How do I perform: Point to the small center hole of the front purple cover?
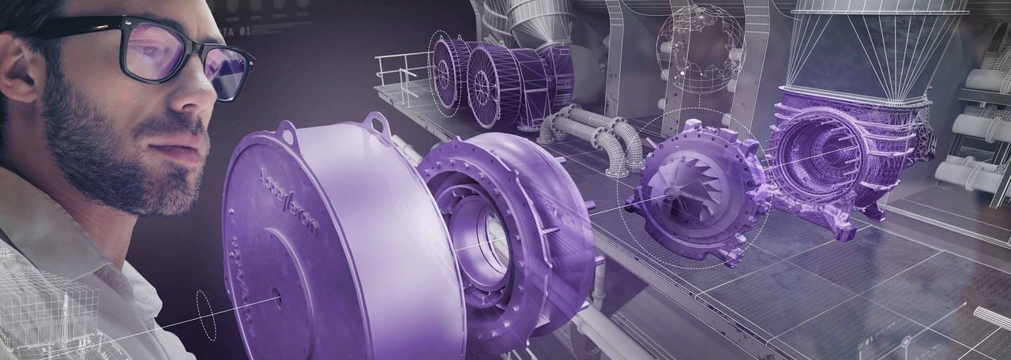[276, 298]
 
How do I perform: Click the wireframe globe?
[701, 49]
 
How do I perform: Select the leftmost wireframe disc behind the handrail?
[447, 71]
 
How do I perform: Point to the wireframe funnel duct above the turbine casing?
[877, 47]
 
